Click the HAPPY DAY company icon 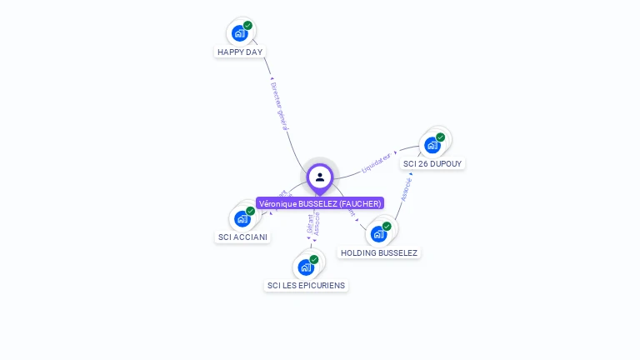240,33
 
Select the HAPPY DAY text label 240,52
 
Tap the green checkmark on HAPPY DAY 247,26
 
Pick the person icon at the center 320,177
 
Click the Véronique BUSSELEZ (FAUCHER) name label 320,203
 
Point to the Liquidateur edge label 377,162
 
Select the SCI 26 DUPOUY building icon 432,145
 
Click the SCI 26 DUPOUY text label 432,163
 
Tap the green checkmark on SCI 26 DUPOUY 440,137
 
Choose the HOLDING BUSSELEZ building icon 379,233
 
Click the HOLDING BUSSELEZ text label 379,252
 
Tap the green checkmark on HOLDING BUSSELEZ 387,226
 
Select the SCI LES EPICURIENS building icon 306,267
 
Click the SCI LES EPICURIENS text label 306,285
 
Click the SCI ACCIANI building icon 242,218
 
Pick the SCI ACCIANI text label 242,237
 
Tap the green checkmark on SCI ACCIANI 250,211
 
